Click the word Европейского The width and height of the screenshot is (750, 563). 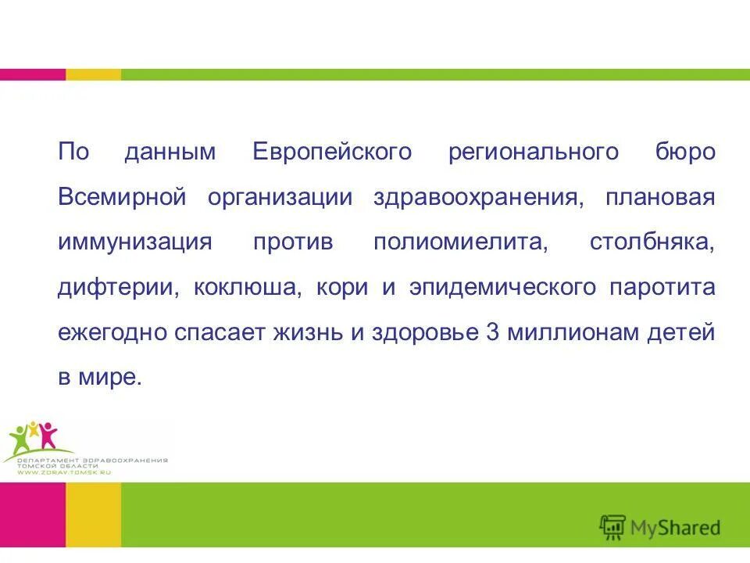(331, 152)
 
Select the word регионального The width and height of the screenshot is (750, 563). (533, 152)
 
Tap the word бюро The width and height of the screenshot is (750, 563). (685, 152)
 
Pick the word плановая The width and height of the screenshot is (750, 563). (660, 197)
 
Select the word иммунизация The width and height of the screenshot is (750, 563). (134, 242)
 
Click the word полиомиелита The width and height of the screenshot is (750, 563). (462, 242)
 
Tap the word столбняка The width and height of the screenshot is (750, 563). (652, 242)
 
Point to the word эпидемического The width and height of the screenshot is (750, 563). (499, 287)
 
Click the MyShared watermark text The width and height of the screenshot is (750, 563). (676, 528)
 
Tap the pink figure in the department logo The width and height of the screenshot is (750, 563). (49, 434)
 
